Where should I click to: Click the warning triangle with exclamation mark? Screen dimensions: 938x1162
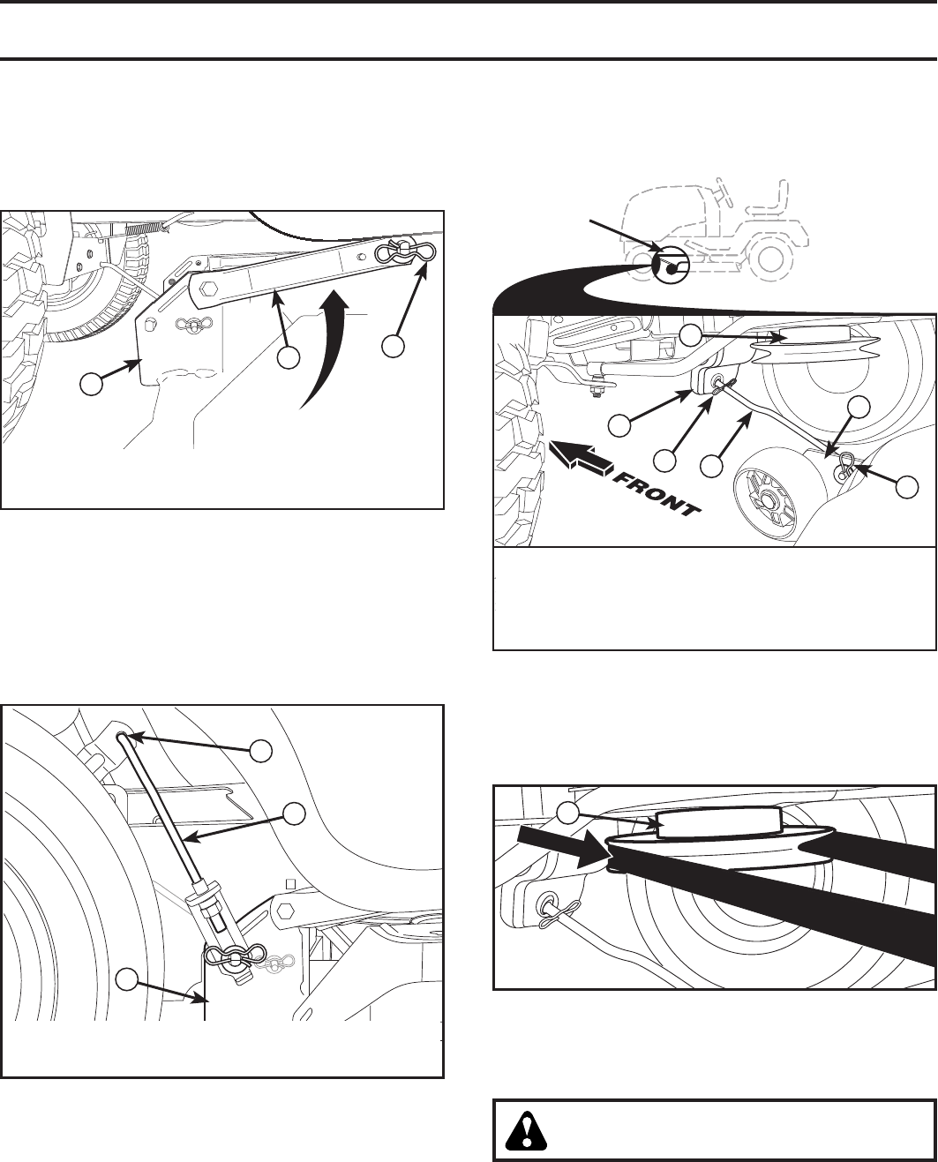[x=526, y=1131]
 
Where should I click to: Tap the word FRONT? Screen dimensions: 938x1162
[x=657, y=495]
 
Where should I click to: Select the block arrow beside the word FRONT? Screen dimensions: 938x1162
[x=582, y=456]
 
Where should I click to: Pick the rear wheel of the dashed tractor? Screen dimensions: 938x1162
[x=770, y=255]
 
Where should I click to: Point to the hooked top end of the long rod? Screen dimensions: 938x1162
[x=122, y=738]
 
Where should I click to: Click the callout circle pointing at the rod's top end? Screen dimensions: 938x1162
[x=261, y=751]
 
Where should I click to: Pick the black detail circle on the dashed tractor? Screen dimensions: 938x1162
[x=672, y=265]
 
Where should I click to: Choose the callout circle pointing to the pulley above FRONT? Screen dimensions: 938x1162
[x=690, y=335]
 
